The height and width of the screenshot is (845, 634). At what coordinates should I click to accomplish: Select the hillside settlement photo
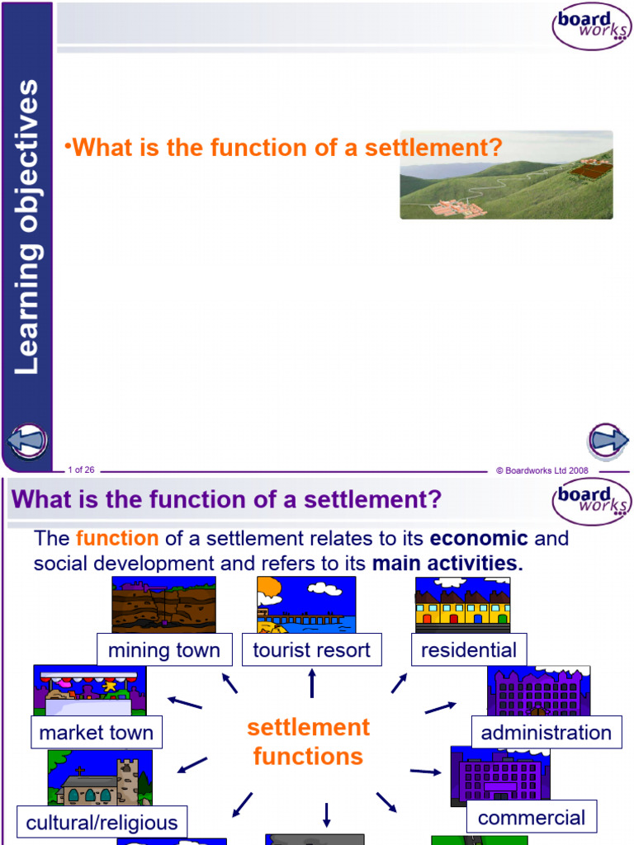506,174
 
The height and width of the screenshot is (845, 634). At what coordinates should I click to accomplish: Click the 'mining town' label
164,650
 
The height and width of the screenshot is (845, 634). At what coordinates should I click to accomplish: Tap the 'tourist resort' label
311,650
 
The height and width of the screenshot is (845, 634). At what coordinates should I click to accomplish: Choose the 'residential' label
469,650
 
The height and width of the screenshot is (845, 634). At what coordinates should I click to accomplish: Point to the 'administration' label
546,733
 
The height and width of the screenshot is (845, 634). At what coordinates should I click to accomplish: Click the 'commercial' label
531,818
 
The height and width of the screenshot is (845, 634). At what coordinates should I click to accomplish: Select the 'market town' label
97,733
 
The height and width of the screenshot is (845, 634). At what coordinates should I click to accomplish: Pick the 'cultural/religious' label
102,823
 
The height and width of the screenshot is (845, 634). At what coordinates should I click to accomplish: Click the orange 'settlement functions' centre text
309,742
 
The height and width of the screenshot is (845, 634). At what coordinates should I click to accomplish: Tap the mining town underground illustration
163,604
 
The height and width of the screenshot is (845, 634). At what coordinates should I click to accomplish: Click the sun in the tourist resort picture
270,591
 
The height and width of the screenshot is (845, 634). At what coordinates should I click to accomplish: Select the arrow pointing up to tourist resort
312,682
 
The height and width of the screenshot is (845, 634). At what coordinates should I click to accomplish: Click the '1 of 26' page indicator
82,470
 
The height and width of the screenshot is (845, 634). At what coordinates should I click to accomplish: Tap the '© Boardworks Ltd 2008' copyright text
542,470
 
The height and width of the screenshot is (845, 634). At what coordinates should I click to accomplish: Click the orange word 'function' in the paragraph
117,539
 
